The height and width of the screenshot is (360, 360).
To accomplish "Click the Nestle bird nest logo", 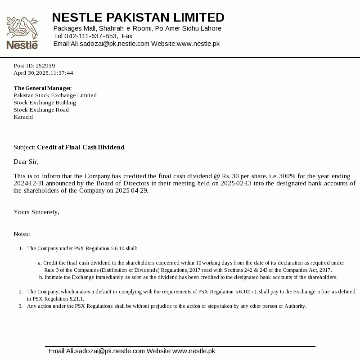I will [x=22, y=32].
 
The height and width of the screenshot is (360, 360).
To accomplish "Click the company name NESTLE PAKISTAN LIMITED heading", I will [x=138, y=18].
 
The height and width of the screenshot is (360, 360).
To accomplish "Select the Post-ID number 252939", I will [x=45, y=66].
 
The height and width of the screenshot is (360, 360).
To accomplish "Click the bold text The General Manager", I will [x=42, y=88].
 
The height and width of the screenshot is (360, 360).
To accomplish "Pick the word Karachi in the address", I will [x=23, y=117].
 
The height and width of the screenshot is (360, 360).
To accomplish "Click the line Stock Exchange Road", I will [x=41, y=110].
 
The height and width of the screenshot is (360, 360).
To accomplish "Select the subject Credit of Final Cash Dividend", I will [x=81, y=147].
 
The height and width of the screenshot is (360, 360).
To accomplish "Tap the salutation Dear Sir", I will [x=26, y=162].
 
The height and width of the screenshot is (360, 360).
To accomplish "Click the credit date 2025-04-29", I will [x=131, y=190].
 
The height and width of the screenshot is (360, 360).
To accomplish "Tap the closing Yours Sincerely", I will [x=36, y=212].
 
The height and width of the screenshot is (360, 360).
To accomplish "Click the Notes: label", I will [x=22, y=234].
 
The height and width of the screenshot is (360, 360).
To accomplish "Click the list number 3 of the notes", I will [x=21, y=306].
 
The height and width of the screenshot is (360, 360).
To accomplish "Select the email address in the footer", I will [x=97, y=351].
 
